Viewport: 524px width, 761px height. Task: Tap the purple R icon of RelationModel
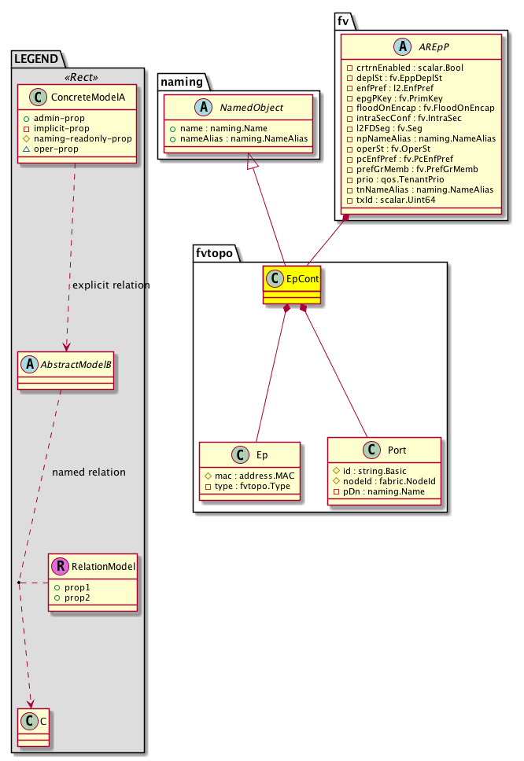tap(58, 565)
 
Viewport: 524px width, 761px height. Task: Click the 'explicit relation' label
tap(110, 285)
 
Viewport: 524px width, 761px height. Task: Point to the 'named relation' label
tap(88, 472)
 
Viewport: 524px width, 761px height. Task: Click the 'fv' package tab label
tap(343, 21)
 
